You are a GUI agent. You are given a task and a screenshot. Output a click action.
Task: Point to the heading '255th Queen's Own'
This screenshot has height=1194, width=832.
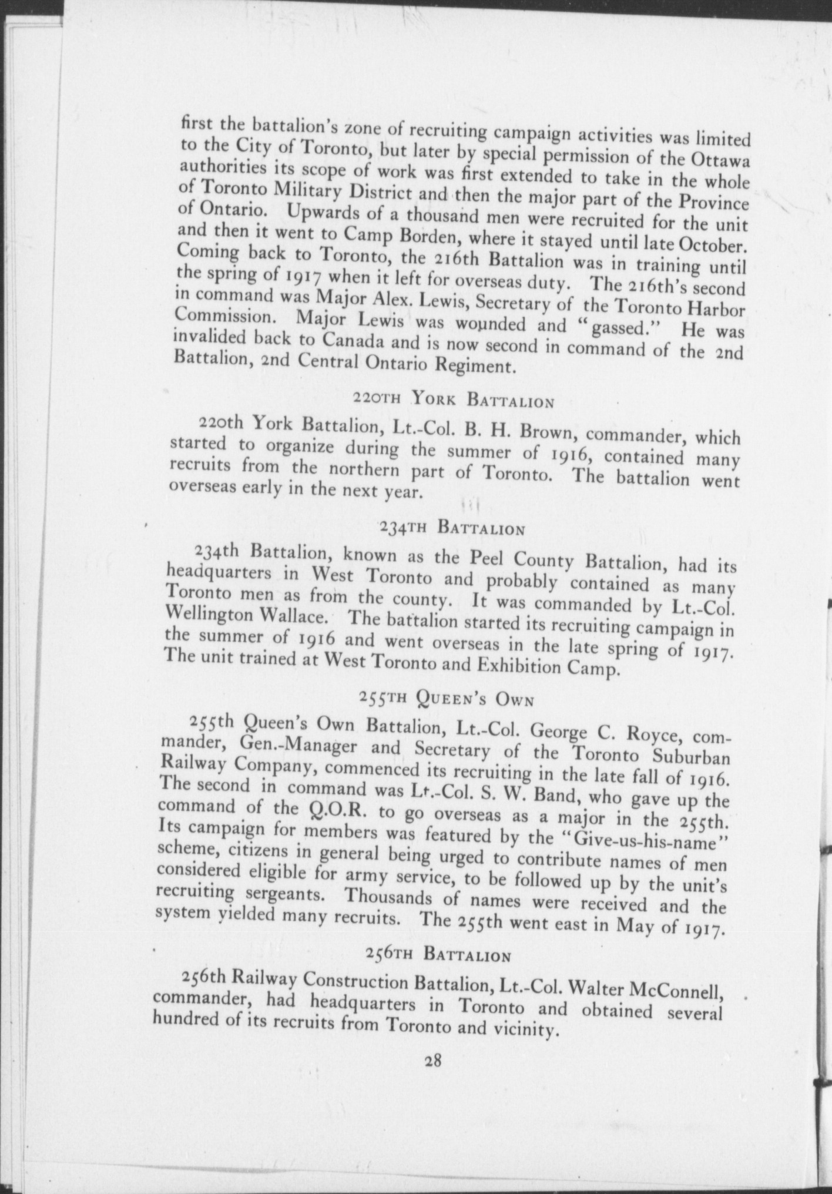coord(446,699)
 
